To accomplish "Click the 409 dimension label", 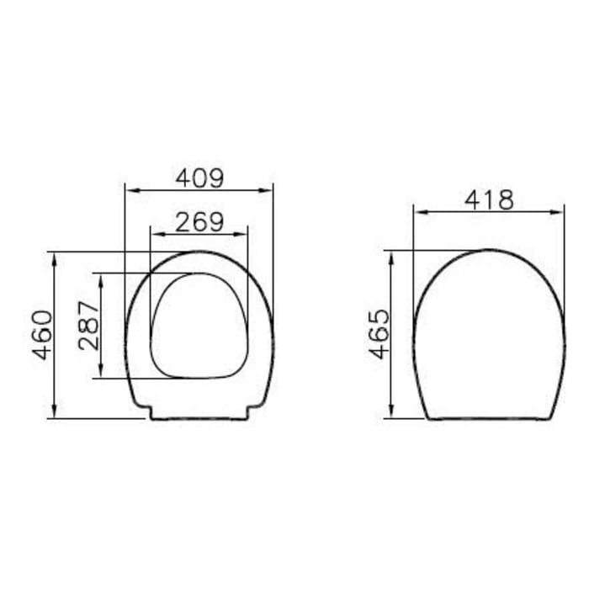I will point(199,178).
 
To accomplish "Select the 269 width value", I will point(199,221).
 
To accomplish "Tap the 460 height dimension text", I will point(43,334).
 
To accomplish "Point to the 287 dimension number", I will point(89,325).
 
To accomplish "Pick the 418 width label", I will point(489,199).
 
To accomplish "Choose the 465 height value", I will point(380,333).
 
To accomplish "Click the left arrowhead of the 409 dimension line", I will point(129,190).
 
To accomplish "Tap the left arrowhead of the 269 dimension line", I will point(153,234).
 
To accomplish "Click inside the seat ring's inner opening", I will point(199,324).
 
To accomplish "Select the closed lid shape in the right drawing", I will point(489,337).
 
